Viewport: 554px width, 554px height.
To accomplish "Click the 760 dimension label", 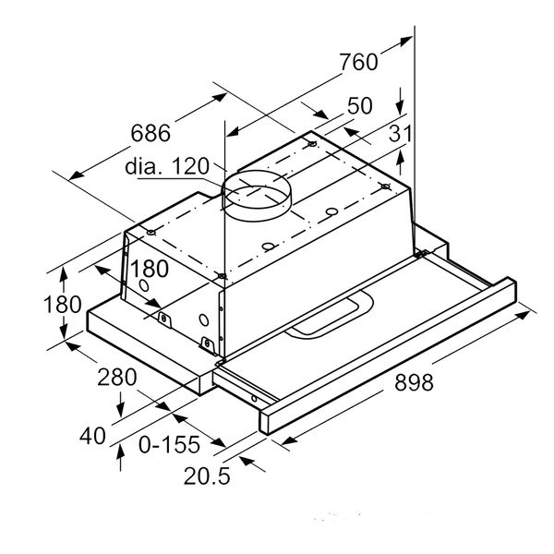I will tap(358, 63).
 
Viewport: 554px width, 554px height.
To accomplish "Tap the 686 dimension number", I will tap(151, 133).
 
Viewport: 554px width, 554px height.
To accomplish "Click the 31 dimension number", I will tap(399, 134).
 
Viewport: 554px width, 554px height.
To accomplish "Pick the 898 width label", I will tap(407, 382).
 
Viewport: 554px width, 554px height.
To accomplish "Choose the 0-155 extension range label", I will tap(169, 445).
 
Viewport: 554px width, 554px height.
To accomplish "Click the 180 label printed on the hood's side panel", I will tap(147, 269).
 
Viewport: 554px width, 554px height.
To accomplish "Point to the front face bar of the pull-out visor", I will tap(388, 365).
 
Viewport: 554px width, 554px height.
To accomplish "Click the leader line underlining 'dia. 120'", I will tap(175, 181).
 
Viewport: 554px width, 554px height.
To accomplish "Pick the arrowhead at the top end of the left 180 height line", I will tap(65, 271).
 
